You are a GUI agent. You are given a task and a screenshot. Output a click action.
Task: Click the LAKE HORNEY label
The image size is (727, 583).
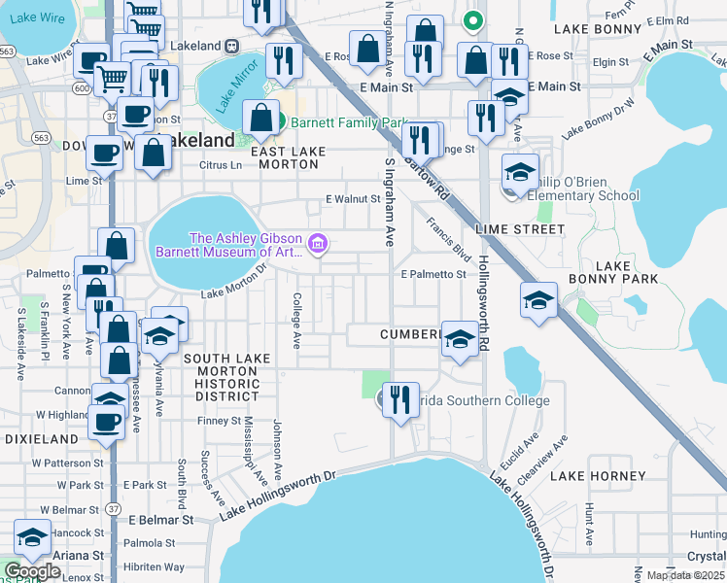pyautogui.click(x=598, y=476)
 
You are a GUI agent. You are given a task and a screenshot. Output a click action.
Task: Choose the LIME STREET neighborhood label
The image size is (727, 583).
pyautogui.click(x=520, y=229)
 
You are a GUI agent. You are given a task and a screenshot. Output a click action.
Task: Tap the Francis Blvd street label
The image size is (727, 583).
pyautogui.click(x=448, y=239)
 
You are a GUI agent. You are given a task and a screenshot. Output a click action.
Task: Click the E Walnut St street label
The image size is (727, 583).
pyautogui.click(x=352, y=199)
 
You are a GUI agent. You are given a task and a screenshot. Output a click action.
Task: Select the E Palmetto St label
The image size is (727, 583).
pyautogui.click(x=433, y=274)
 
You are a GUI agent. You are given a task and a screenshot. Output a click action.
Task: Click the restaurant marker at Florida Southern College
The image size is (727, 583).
pyautogui.click(x=399, y=398)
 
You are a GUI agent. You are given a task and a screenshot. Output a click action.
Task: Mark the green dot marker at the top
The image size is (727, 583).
pyautogui.click(x=473, y=18)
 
